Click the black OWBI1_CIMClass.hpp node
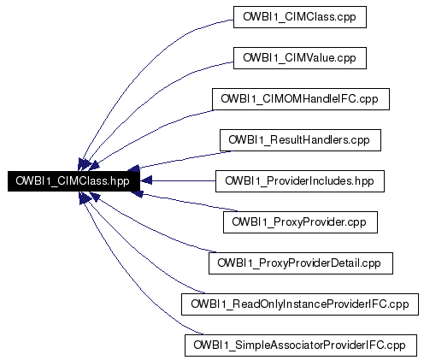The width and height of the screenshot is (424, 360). pos(74,181)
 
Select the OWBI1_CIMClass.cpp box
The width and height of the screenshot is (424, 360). pos(300,17)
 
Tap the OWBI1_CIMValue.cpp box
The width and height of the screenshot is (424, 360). pos(300,58)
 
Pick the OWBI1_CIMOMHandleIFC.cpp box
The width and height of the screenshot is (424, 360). pos(301,99)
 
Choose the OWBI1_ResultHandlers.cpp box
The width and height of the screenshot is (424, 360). pos(300,140)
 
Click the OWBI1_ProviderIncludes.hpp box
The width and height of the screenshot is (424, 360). pos(300,181)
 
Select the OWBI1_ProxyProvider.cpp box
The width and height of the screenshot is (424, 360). pos(300,222)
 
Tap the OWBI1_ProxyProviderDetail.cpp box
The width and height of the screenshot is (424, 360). pos(301,263)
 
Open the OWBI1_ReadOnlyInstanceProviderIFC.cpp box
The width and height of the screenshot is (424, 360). pos(300,304)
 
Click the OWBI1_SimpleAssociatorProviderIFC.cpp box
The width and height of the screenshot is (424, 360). pos(301,345)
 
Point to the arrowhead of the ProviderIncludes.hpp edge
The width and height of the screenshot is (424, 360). pos(146,181)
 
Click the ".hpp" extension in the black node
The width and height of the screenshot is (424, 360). pos(120,181)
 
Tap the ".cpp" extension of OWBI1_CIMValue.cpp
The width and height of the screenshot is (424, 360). pos(346,58)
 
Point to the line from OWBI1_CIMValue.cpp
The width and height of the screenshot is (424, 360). pos(151,97)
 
